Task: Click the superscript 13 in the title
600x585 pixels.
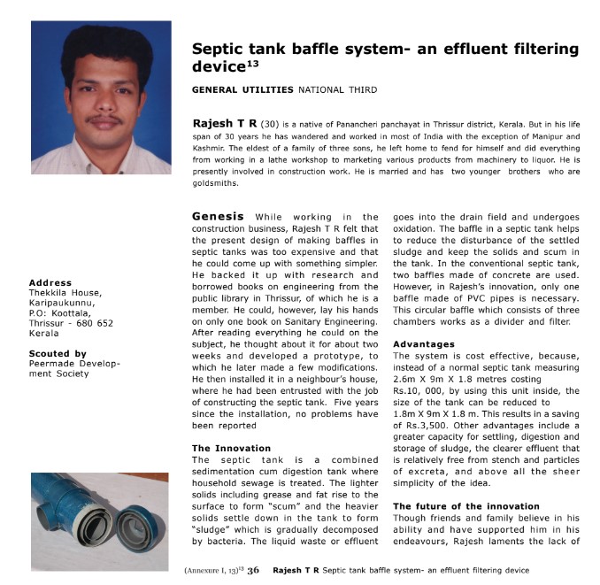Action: pos(255,61)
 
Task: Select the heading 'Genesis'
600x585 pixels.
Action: pos(218,215)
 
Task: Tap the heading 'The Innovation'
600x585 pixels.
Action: pos(231,448)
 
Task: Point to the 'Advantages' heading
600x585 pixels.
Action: pos(424,343)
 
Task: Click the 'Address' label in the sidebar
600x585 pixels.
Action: pos(50,283)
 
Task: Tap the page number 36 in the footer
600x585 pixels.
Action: pos(253,570)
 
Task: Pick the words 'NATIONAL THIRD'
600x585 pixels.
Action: pos(337,89)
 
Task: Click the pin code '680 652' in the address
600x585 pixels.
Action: pos(93,323)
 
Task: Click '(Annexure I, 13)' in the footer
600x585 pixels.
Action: pos(212,571)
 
